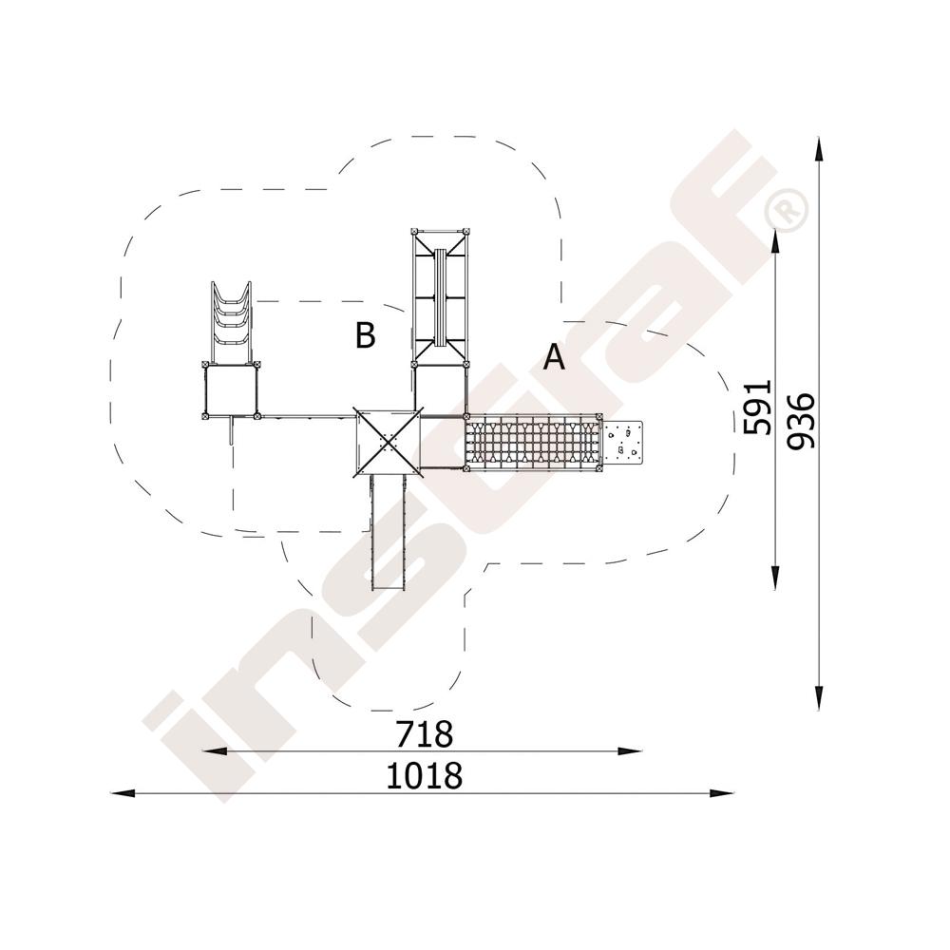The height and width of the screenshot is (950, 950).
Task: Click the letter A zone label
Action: pos(554,357)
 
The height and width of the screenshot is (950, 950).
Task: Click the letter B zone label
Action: pos(366,334)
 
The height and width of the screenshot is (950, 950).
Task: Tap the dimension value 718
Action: pos(424,733)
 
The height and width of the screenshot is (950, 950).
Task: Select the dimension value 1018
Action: pos(424,775)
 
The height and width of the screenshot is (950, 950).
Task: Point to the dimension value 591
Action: pos(758,408)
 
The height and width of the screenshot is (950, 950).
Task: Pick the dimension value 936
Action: pos(800,421)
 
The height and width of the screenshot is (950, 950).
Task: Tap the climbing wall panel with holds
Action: pos(622,442)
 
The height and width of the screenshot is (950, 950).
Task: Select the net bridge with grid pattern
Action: pos(534,442)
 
